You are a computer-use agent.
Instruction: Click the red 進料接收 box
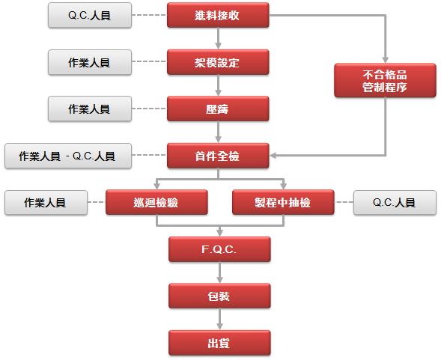tap(218, 15)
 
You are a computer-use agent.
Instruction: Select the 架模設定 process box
tap(218, 62)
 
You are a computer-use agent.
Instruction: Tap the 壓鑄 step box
tap(218, 109)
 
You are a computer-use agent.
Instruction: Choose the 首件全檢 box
tap(218, 156)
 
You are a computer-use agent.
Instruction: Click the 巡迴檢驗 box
tap(156, 202)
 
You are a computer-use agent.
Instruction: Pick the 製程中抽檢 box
tap(283, 202)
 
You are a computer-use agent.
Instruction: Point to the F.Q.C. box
tap(219, 249)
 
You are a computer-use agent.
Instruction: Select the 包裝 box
tap(219, 296)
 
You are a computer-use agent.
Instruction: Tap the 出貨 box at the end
tap(219, 343)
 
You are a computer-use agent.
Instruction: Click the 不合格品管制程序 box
tap(385, 80)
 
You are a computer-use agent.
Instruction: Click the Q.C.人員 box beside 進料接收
tap(90, 15)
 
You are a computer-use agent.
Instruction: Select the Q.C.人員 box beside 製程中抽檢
tap(395, 203)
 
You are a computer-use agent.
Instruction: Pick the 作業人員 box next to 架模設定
tap(90, 62)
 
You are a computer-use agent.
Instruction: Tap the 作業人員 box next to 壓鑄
tap(90, 109)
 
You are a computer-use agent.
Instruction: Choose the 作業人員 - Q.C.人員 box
tap(68, 156)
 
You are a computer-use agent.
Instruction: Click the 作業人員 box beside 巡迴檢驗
tap(46, 203)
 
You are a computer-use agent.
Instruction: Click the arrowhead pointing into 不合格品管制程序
tap(386, 60)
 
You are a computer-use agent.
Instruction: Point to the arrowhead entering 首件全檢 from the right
tap(273, 155)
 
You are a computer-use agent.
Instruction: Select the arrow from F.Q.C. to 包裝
tap(219, 272)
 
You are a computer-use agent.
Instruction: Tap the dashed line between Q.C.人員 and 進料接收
tap(149, 15)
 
